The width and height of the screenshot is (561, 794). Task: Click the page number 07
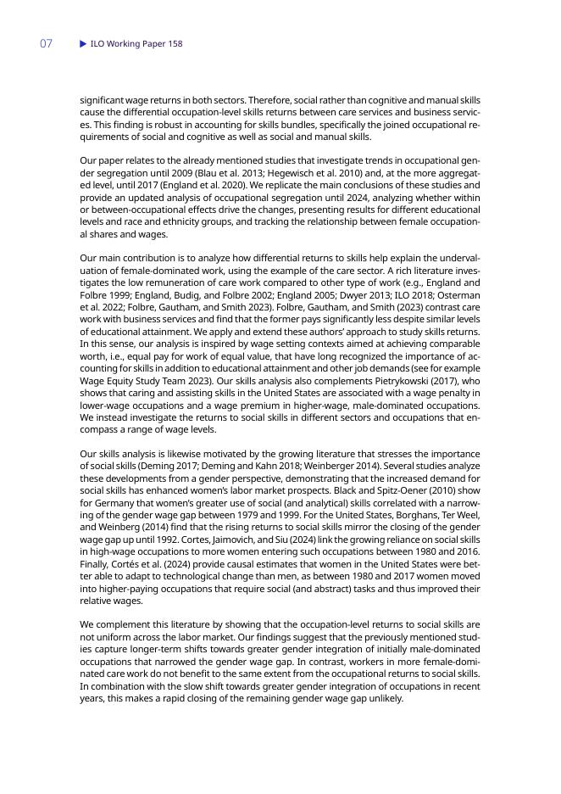coord(46,43)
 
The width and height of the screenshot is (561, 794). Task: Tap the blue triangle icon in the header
coord(83,43)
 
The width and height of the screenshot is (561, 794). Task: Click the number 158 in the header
coord(175,43)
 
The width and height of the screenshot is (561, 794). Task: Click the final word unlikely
coord(382,699)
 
